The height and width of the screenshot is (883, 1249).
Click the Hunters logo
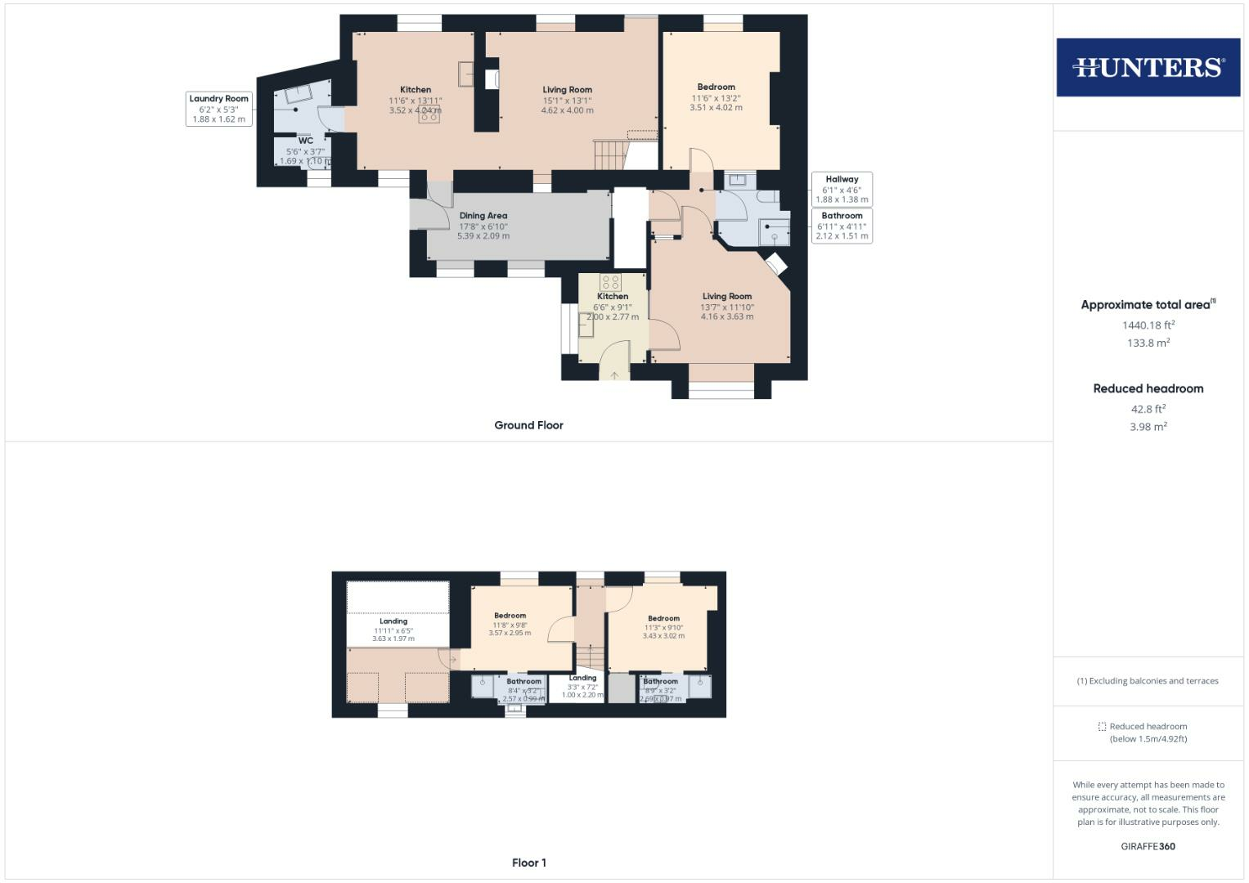point(1148,67)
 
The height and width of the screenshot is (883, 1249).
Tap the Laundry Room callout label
point(218,109)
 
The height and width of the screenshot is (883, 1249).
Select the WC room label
point(305,141)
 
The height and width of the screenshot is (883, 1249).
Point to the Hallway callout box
point(842,189)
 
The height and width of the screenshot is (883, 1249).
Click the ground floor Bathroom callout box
point(842,226)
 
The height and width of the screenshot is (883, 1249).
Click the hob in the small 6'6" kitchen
point(610,283)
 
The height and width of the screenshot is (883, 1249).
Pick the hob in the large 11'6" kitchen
point(429,115)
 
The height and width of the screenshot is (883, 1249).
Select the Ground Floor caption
point(528,425)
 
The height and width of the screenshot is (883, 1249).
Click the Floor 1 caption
point(528,863)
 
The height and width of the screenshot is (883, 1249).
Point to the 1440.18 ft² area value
point(1148,325)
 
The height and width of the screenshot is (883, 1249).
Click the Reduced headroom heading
point(1148,388)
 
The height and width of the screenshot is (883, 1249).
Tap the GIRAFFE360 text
point(1148,846)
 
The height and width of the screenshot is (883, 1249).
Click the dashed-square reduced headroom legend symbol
point(1102,726)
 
